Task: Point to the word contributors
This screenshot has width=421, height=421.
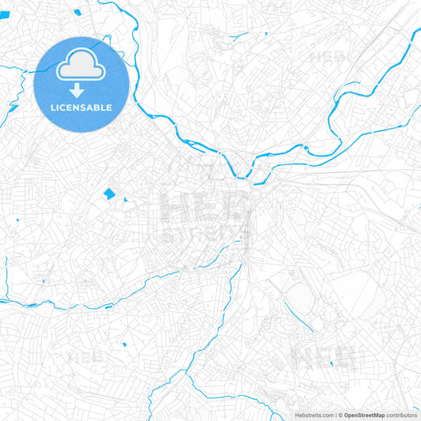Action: (402, 415)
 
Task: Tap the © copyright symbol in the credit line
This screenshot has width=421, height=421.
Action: (340, 415)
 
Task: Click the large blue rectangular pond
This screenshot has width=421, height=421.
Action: (109, 194)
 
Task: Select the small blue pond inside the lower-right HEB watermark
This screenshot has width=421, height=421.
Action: (332, 363)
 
